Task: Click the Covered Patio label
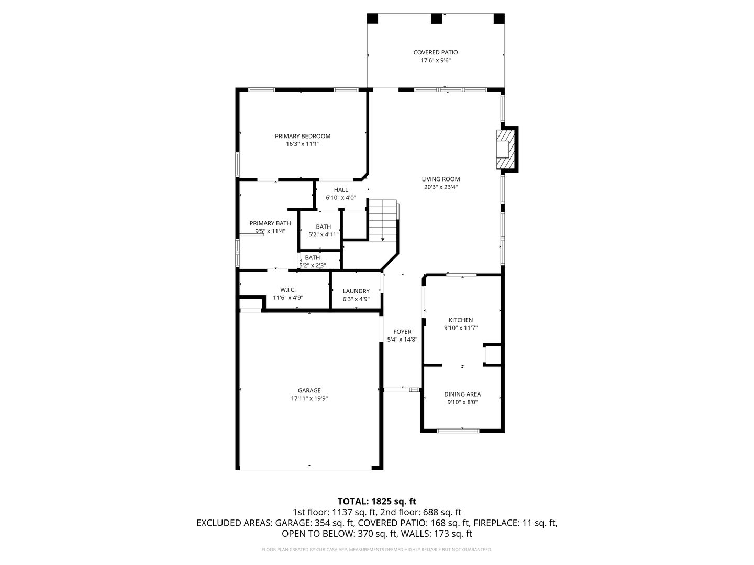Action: click(435, 52)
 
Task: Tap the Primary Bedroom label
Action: click(303, 136)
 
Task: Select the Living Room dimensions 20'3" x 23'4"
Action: click(441, 187)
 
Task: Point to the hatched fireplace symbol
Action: click(506, 149)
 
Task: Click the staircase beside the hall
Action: click(383, 220)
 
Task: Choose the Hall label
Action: click(341, 190)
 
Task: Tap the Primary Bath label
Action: click(270, 223)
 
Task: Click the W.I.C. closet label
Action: click(288, 290)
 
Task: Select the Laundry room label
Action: click(356, 291)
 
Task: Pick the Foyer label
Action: click(402, 332)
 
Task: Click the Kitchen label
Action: click(461, 320)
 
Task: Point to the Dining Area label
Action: click(462, 394)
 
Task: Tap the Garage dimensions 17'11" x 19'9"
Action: click(309, 398)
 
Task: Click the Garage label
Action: click(309, 390)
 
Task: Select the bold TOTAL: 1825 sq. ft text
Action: click(377, 502)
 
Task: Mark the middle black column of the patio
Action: click(436, 18)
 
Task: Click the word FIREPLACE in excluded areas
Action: click(496, 523)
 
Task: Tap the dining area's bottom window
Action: click(458, 431)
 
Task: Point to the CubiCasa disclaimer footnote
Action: click(377, 549)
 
